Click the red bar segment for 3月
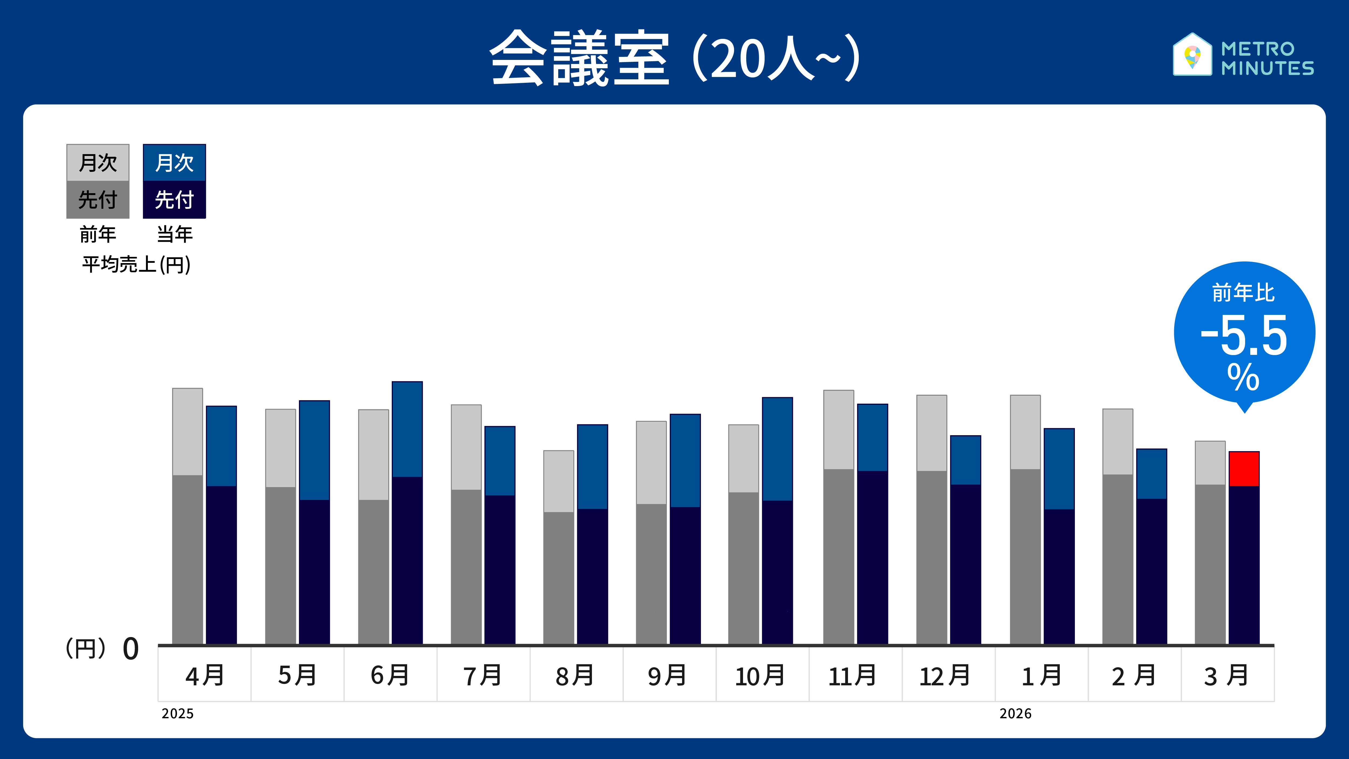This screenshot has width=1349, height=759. [1244, 469]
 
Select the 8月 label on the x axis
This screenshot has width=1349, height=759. [575, 675]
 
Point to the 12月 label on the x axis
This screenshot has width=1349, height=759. [945, 675]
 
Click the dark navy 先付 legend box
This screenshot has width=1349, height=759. [174, 200]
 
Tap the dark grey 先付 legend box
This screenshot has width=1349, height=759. [98, 200]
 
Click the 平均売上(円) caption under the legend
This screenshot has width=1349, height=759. [136, 264]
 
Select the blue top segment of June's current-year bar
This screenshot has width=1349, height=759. [407, 430]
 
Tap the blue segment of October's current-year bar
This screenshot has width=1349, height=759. [777, 449]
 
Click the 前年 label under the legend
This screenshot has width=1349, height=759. [98, 234]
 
